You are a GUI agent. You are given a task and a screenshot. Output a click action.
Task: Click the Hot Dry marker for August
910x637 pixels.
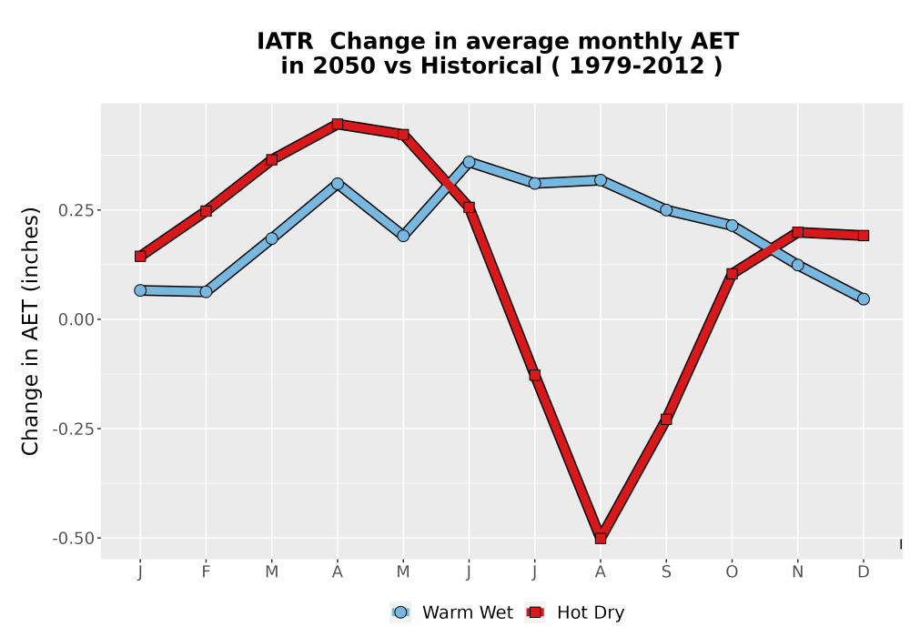[600, 538]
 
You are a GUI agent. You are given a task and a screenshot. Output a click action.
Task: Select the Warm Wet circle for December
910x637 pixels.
[863, 298]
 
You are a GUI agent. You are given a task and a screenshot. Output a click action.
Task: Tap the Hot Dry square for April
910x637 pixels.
[338, 124]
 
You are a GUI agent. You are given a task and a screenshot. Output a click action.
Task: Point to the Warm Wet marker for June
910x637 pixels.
[469, 162]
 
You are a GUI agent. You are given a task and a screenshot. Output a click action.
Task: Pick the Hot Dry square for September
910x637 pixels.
[666, 419]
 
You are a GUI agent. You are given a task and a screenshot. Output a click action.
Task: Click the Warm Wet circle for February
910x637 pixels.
[206, 291]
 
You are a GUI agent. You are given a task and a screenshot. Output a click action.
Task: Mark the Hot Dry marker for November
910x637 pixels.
[797, 232]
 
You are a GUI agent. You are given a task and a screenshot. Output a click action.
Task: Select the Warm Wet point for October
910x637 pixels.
[732, 225]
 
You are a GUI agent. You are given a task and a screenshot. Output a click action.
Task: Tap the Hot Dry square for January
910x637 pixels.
[140, 256]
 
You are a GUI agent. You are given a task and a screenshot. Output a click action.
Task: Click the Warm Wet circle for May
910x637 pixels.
[403, 236]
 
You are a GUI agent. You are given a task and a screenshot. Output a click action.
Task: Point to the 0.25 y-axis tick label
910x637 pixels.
[76, 210]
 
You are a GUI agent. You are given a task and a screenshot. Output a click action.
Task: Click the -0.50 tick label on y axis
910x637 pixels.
[73, 539]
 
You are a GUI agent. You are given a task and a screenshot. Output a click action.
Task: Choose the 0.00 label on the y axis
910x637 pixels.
[76, 319]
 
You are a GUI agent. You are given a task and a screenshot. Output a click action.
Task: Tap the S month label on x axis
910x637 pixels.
[666, 572]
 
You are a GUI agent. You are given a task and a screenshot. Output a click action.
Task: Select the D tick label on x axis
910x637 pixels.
[863, 572]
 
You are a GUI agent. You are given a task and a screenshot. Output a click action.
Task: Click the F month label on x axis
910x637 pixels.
[206, 572]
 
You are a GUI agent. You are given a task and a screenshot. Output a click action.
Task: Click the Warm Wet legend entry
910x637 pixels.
[451, 612]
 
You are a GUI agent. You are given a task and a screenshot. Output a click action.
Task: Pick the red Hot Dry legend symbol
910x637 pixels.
[535, 612]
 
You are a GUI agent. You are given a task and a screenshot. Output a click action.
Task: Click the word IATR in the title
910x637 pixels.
[285, 42]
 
